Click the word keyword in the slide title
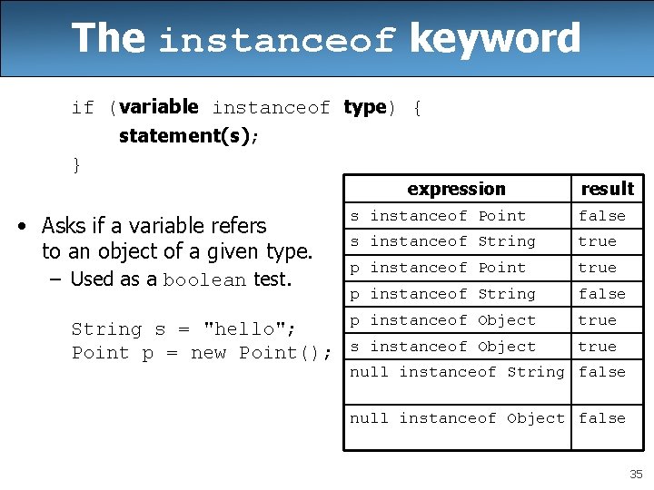click(495, 38)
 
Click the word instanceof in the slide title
click(277, 41)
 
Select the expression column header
click(456, 189)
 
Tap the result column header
click(607, 189)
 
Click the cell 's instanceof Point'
click(438, 216)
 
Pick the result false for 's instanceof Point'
click(602, 216)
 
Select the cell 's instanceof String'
click(443, 241)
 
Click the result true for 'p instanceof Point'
click(597, 268)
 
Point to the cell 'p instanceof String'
click(443, 294)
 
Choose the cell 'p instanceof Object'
click(443, 320)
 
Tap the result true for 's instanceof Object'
click(597, 347)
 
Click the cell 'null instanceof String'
click(457, 372)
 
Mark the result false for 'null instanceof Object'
click(602, 418)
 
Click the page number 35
click(636, 475)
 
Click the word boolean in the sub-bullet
click(204, 280)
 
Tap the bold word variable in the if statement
click(158, 107)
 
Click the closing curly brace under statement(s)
click(76, 164)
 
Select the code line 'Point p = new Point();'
click(202, 353)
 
